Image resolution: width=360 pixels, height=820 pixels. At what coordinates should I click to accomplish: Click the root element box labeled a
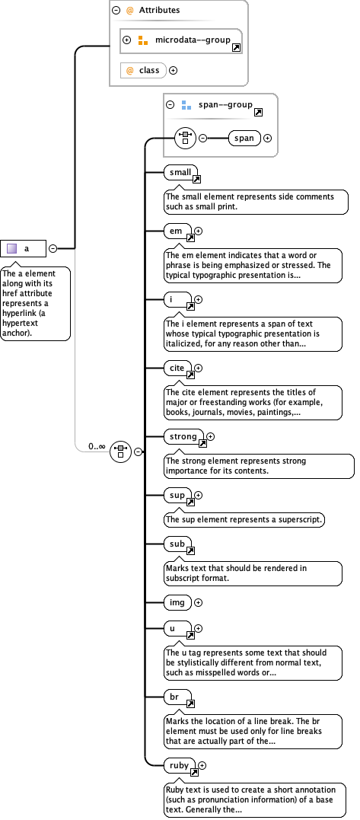coord(24,248)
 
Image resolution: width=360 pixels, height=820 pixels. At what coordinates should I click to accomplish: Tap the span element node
coord(244,138)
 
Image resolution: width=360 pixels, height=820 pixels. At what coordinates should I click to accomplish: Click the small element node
coord(180,173)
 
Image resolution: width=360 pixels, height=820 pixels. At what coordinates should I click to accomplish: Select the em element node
coord(177,230)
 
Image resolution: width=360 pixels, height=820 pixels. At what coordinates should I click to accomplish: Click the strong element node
coord(183,437)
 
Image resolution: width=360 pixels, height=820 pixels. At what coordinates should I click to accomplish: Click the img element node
coord(177,602)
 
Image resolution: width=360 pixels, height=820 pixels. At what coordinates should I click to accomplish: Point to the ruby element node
coord(180,764)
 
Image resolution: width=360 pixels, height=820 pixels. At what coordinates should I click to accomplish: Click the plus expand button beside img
coord(199,602)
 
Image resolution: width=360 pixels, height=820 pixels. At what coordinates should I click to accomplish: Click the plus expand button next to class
coord(173,70)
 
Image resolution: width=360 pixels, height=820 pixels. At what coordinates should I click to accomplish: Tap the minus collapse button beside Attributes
coord(116,11)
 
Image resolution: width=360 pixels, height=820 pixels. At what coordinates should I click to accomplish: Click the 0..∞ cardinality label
coord(97,446)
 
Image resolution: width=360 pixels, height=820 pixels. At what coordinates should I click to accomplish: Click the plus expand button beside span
coord(267,138)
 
